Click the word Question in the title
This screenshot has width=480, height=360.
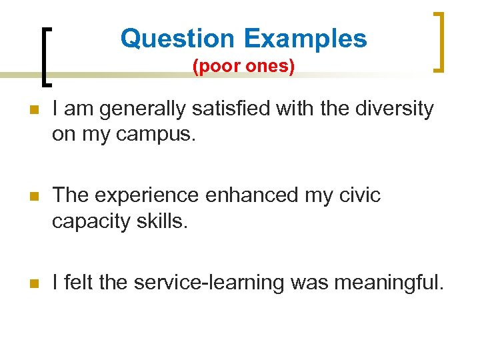click(x=177, y=39)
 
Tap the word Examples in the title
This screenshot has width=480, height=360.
click(x=305, y=39)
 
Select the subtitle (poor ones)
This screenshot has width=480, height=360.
click(x=243, y=67)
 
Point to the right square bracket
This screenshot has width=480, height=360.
click(x=439, y=41)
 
